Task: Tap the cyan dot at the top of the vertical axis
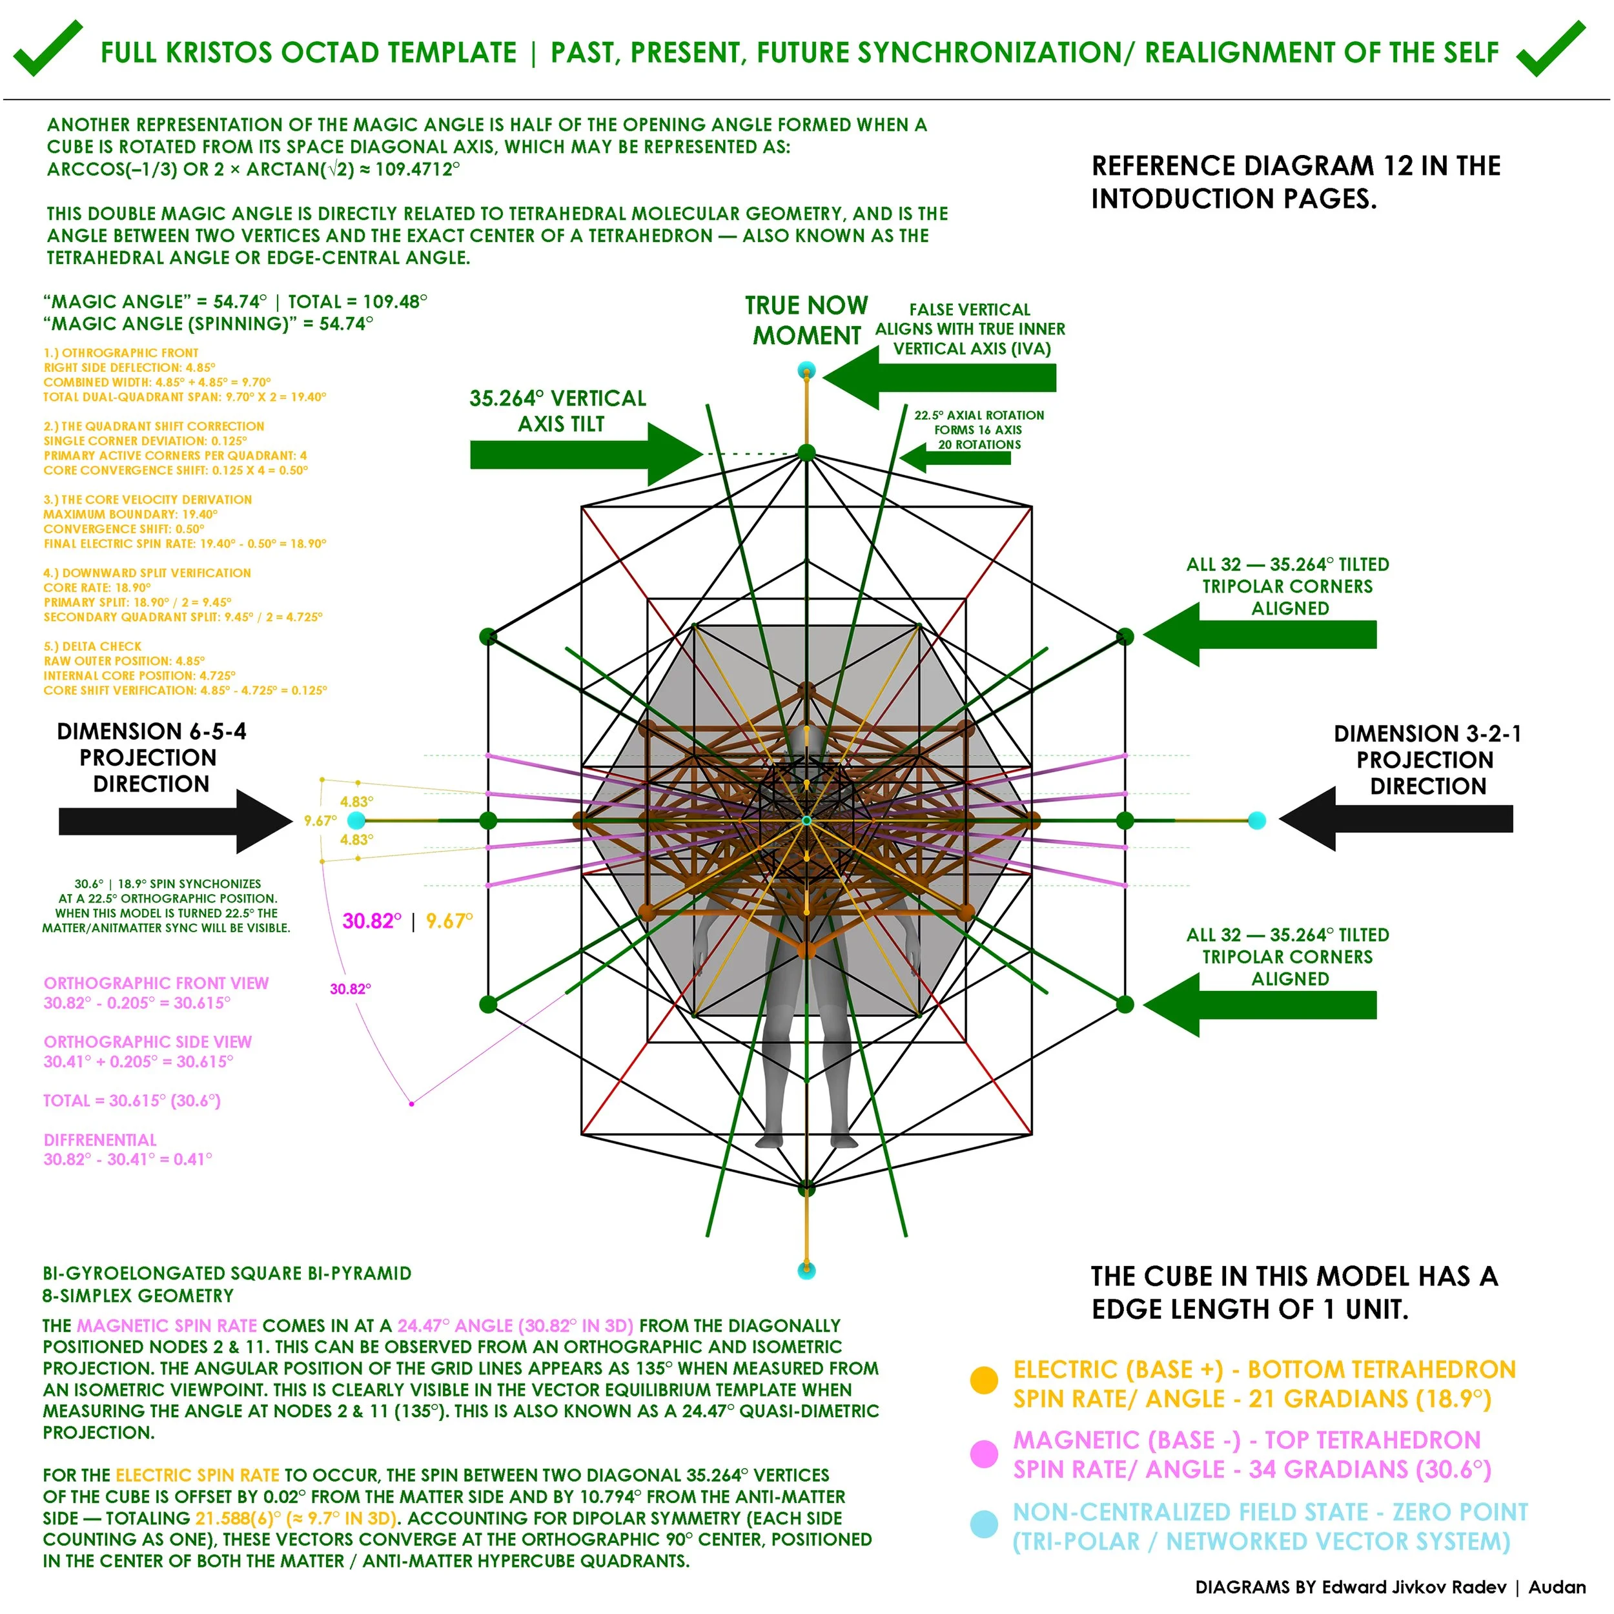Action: click(806, 369)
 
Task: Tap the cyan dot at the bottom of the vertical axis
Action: click(806, 1271)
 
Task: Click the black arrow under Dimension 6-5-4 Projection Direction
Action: click(176, 821)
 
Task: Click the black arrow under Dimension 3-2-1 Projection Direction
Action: click(1396, 819)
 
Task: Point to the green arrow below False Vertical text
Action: click(940, 378)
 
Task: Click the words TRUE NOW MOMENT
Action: click(807, 320)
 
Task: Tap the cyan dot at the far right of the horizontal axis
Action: click(1256, 821)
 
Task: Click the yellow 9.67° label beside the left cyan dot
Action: click(320, 821)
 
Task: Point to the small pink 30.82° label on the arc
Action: click(350, 989)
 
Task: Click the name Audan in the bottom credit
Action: click(1557, 1588)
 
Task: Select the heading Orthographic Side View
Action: click(148, 1042)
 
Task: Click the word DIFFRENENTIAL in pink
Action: click(100, 1140)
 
